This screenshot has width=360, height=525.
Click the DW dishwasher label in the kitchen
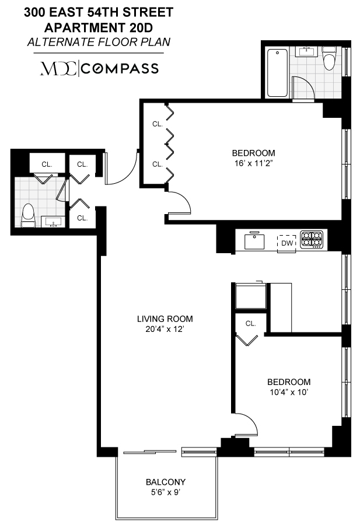coord(286,242)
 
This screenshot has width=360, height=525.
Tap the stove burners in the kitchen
coord(311,239)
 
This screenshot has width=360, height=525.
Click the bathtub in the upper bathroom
coord(277,74)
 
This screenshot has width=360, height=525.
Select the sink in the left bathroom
coord(54,222)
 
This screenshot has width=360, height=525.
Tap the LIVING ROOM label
coord(165,319)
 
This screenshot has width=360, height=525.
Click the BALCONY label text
coord(165,482)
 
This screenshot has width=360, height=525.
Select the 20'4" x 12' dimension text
coord(165,329)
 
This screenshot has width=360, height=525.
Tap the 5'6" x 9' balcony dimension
coord(165,492)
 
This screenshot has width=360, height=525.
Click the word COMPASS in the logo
coord(120,68)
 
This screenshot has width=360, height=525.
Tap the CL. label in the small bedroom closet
coord(251,323)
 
